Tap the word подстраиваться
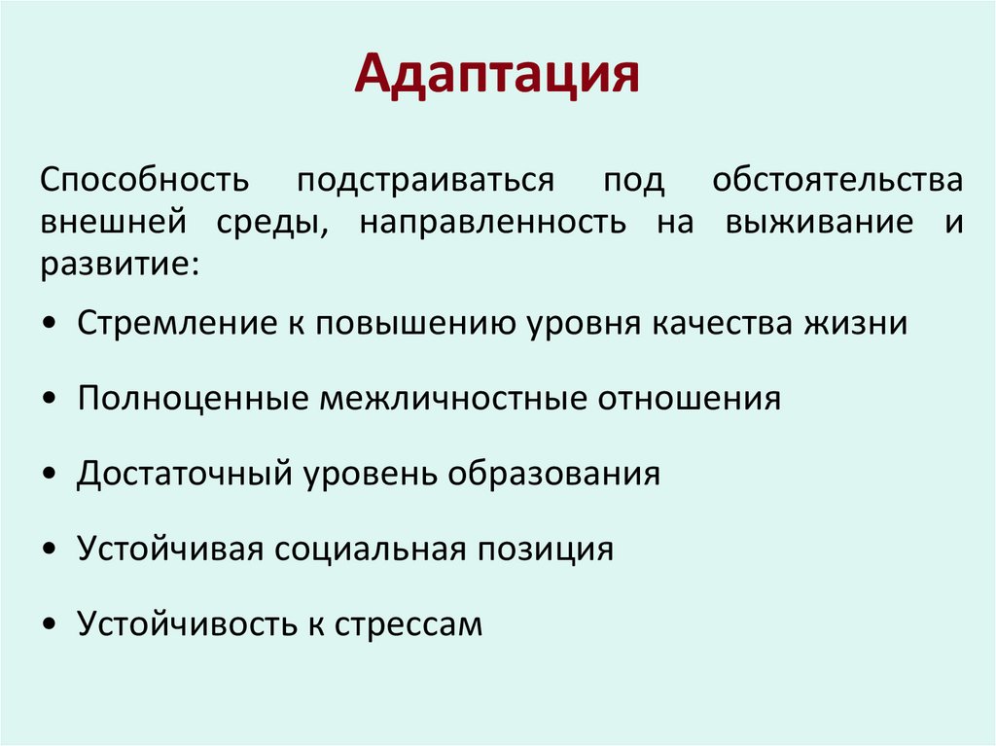[x=425, y=181]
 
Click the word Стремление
[x=173, y=323]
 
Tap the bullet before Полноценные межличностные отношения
[x=50, y=400]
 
